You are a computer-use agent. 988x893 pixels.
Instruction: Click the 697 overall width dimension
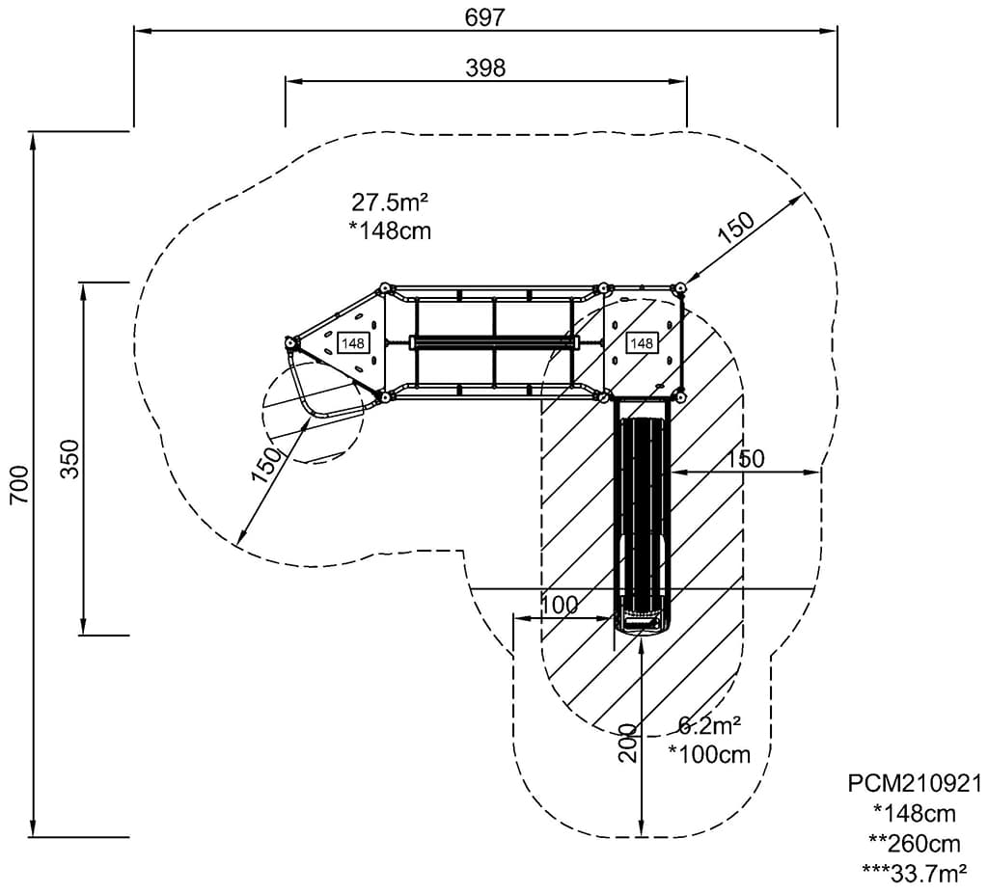[x=484, y=16]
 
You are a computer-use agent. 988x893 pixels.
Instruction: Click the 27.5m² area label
[x=390, y=203]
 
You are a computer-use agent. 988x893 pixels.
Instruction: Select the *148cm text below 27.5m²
[x=390, y=230]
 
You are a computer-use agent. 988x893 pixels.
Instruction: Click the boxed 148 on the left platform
[x=352, y=342]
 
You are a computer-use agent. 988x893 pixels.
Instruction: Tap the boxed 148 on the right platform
[x=641, y=342]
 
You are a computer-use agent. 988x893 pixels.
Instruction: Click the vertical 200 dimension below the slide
[x=628, y=743]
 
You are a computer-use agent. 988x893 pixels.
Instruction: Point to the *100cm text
[x=709, y=754]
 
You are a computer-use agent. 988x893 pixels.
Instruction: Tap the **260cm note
[x=914, y=843]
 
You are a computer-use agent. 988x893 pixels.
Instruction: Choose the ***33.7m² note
[x=914, y=873]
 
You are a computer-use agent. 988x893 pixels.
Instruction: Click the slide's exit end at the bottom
[x=642, y=623]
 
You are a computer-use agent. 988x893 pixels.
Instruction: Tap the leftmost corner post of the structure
[x=289, y=342]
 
